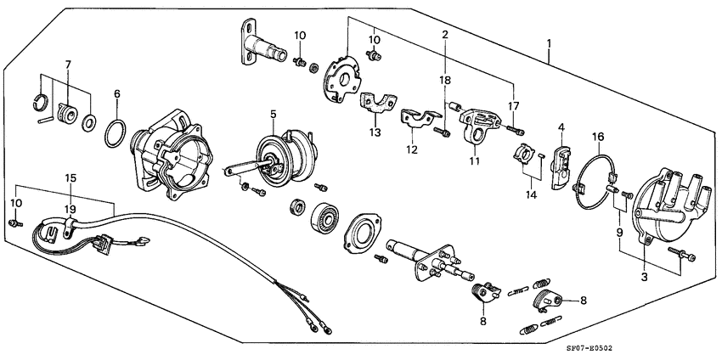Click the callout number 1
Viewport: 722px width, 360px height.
pyautogui.click(x=550, y=43)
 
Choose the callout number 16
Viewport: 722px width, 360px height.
pyautogui.click(x=598, y=136)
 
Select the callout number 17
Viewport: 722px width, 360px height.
pyautogui.click(x=514, y=106)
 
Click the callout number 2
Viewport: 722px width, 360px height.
pyautogui.click(x=444, y=35)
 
